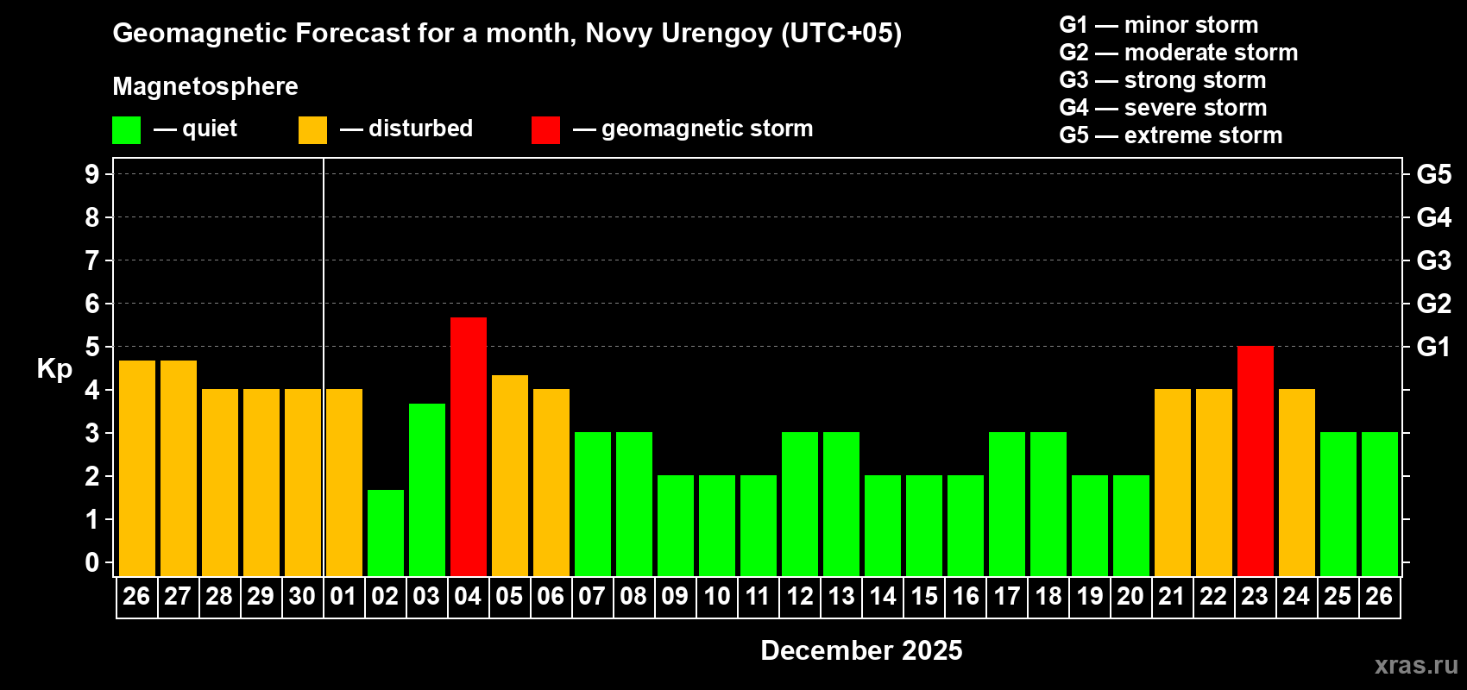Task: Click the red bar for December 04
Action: coord(468,446)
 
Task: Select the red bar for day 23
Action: coord(1255,461)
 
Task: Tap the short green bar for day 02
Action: coord(385,532)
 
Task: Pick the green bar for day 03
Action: coord(426,489)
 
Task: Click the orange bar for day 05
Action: coord(509,475)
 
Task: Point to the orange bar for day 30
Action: coord(302,482)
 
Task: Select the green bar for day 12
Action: coord(799,504)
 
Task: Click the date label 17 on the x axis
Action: coord(1006,596)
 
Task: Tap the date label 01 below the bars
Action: coord(343,596)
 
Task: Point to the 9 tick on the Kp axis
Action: coord(92,174)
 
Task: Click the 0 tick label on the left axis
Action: coord(92,562)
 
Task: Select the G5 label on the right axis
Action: coord(1433,174)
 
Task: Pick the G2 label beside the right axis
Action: coord(1433,304)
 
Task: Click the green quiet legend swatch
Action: coord(126,130)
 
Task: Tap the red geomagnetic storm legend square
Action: coord(545,130)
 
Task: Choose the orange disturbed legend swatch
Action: coord(312,130)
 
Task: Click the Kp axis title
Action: coord(54,369)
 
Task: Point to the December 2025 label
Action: coord(861,650)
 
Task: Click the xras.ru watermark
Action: coord(1416,665)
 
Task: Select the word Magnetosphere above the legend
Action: coord(205,86)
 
